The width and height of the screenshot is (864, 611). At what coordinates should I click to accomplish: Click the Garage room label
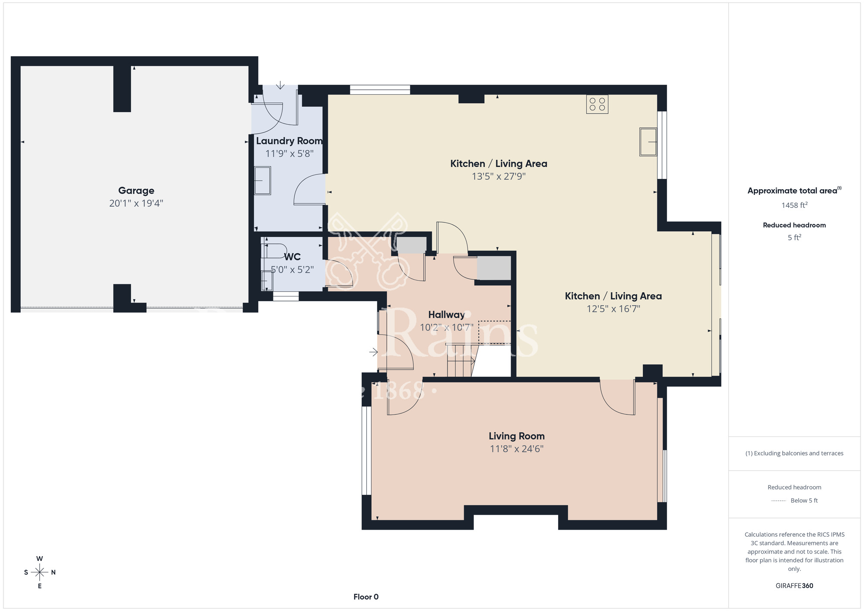(136, 191)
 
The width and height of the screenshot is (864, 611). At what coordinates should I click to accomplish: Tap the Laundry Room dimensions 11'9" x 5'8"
(289, 153)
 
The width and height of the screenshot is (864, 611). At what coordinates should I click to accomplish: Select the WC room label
(292, 257)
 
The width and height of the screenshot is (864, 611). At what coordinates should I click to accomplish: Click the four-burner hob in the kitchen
(597, 104)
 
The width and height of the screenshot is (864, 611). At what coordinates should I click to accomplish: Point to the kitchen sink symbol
(648, 142)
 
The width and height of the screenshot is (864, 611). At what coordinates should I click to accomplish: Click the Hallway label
(446, 315)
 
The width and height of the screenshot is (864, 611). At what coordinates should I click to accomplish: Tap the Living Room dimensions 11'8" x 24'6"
(517, 449)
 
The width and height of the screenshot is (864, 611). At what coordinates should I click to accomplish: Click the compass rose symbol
(40, 573)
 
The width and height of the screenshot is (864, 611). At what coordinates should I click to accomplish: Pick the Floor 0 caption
(366, 597)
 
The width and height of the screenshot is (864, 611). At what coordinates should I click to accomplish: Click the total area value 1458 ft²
(794, 205)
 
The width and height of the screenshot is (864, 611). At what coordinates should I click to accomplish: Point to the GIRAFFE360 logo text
(794, 586)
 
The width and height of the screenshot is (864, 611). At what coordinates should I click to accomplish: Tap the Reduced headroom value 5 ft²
(794, 237)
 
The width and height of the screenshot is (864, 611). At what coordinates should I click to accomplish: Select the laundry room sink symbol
(262, 181)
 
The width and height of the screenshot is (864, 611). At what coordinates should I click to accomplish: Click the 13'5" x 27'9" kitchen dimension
(499, 176)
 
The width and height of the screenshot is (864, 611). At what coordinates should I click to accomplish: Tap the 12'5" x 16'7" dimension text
(613, 309)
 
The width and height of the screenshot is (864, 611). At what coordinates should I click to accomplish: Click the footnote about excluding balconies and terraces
(794, 453)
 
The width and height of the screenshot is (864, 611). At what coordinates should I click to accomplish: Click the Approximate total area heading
(794, 191)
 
